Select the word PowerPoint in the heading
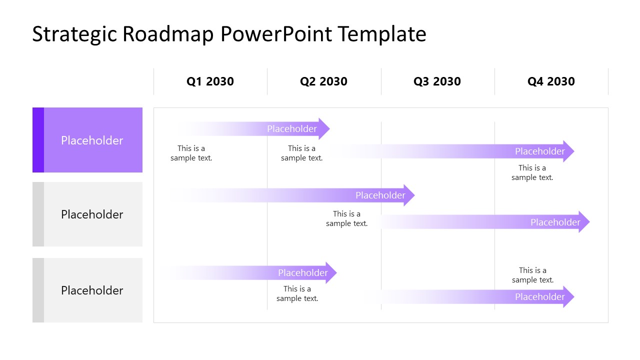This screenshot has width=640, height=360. tap(276, 34)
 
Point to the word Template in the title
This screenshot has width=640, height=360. tap(381, 34)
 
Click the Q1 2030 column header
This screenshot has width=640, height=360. tap(210, 81)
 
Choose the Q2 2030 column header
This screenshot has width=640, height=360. tap(323, 81)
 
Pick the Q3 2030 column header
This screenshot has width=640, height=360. tap(437, 81)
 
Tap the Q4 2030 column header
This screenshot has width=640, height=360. tap(551, 81)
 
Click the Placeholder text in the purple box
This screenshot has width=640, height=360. tap(92, 140)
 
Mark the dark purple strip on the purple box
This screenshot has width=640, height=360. tap(38, 140)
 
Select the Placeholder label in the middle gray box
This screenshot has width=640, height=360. tap(92, 214)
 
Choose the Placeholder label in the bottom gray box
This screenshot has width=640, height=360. tap(92, 290)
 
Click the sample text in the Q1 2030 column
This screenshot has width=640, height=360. tap(191, 153)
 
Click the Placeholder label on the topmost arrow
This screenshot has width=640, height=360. tap(292, 129)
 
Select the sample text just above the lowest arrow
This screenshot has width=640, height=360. tap(532, 275)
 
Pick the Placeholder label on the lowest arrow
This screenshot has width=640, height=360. tap(540, 297)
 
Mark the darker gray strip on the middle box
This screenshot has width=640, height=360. tap(38, 214)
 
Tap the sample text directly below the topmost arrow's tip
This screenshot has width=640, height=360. tap(302, 153)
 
